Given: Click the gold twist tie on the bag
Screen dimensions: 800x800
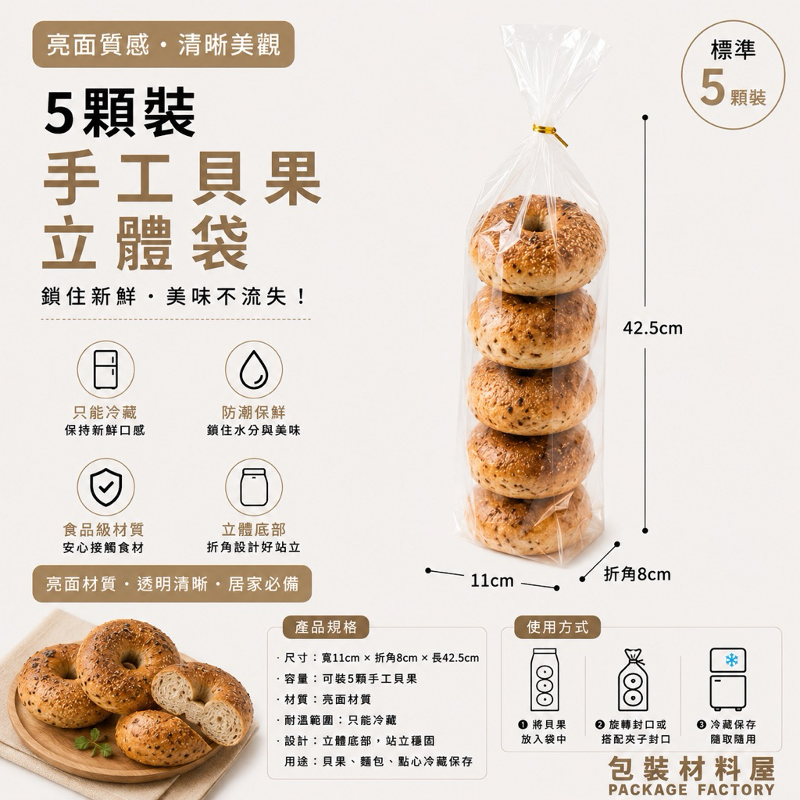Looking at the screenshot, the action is (549, 134).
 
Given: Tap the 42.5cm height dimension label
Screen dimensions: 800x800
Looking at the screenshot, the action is (652, 328).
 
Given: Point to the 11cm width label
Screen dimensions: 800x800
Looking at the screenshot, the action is (492, 580).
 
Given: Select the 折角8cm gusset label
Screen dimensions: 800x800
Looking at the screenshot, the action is (637, 574).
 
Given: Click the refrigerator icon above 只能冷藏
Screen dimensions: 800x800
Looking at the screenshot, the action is (105, 370).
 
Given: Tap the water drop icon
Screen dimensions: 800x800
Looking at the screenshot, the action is (254, 370).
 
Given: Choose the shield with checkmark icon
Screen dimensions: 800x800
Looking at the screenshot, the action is (105, 487).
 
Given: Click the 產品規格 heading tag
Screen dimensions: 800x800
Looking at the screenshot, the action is (326, 627).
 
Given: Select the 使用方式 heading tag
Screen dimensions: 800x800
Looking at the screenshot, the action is (557, 627).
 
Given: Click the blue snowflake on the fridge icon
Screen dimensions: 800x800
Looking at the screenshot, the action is (731, 660).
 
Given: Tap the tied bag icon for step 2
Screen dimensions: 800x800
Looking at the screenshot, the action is (633, 680).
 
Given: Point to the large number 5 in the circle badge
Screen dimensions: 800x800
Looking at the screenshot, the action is (712, 87).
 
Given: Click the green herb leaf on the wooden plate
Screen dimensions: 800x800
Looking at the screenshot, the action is (94, 742).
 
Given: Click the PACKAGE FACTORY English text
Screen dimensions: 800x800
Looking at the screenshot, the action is (691, 789).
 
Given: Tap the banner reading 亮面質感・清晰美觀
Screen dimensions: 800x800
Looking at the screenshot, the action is (163, 45).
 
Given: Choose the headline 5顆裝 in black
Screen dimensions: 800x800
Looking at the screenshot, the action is (120, 112).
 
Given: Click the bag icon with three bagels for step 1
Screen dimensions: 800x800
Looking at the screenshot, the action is (545, 680).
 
